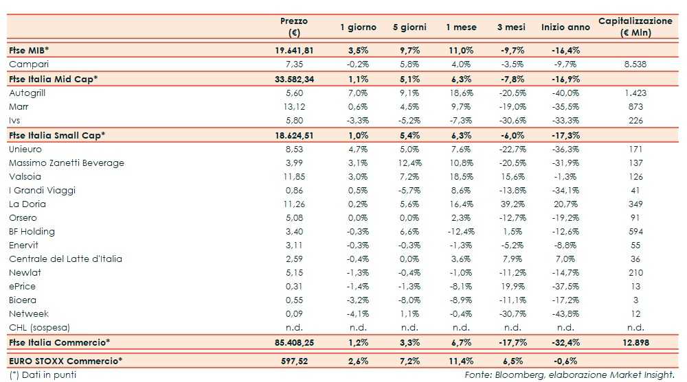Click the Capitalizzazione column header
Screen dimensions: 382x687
(x=635, y=27)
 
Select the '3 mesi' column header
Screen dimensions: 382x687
(x=511, y=27)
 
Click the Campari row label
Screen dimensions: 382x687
(x=29, y=64)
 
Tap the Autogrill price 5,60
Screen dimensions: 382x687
(x=295, y=93)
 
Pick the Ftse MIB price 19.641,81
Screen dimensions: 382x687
(x=293, y=50)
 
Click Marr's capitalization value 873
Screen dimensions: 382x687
(x=635, y=106)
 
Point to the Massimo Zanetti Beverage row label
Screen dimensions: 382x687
(x=67, y=163)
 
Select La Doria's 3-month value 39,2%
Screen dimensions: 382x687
(x=511, y=204)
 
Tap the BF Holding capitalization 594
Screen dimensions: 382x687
(x=635, y=231)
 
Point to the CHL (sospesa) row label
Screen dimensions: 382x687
(x=40, y=327)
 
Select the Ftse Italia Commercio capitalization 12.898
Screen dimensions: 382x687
(x=635, y=342)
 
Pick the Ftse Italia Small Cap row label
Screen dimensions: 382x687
(x=57, y=135)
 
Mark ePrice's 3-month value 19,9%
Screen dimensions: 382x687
(x=511, y=286)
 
